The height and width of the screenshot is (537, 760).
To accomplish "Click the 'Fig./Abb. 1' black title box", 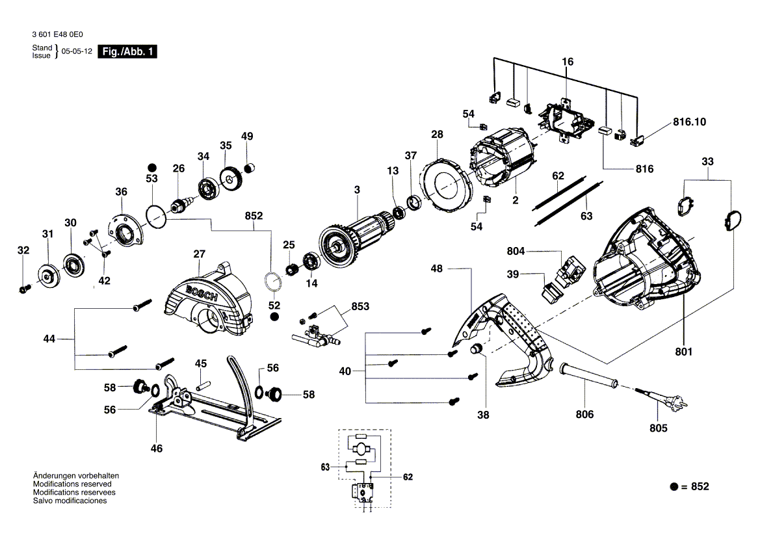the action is [127, 51].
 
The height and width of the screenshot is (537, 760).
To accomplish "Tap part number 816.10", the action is [689, 122].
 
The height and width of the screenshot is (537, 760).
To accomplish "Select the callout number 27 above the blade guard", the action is [199, 254].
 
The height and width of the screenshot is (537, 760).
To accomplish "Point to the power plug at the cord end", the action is [677, 400].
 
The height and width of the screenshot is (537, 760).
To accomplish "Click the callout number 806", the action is [584, 414].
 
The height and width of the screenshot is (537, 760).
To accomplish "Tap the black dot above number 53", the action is [152, 168].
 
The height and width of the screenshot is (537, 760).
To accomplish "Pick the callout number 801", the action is [683, 351].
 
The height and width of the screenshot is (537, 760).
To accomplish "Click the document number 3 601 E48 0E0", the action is [57, 34].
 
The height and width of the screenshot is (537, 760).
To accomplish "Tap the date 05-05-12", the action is [77, 51].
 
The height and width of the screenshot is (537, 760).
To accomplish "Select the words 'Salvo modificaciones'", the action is [70, 501].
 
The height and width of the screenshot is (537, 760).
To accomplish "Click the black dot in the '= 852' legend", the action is [674, 486].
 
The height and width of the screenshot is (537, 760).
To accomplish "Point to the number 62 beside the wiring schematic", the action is [408, 477].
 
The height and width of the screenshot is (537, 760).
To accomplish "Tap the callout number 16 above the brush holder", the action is [568, 62].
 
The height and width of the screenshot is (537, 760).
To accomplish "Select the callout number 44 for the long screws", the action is [49, 339].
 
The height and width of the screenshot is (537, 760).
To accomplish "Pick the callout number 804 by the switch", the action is [516, 250].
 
